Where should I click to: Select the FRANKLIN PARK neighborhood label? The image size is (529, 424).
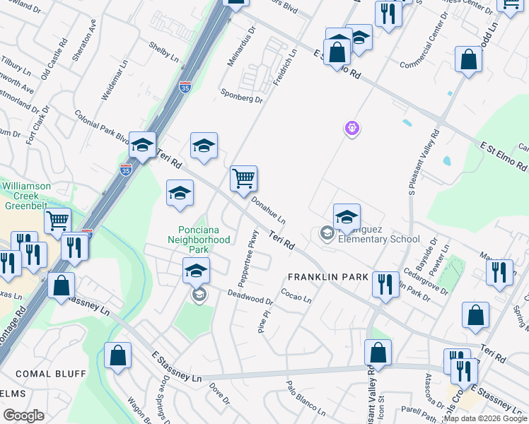point(327,277)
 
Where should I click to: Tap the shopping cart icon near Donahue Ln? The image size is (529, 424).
point(243,178)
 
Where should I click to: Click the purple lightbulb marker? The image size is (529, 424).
point(352,128)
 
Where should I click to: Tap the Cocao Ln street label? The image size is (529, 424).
point(296,294)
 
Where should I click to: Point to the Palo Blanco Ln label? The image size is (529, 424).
point(305,397)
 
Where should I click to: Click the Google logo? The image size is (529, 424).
point(23,416)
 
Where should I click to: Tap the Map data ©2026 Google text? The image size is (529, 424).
point(485,418)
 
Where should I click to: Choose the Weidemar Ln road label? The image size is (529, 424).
point(112,84)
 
